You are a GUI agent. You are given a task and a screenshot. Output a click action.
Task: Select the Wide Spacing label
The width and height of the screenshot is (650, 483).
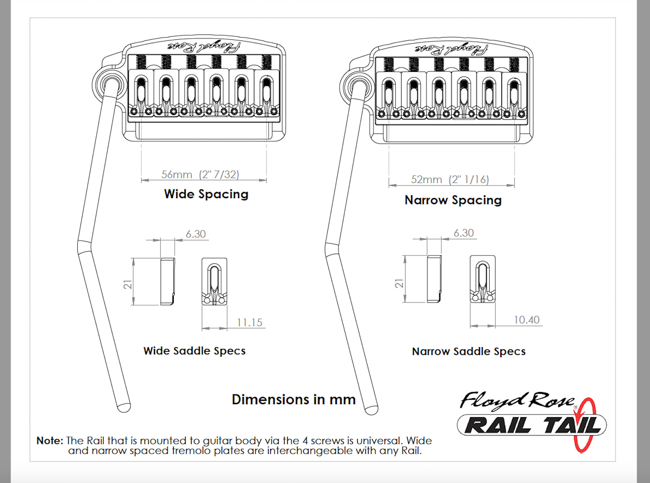tap(206, 195)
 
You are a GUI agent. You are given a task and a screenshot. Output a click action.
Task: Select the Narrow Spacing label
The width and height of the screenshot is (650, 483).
tap(453, 201)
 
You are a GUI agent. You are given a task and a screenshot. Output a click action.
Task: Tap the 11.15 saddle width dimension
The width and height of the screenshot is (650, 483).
tap(249, 323)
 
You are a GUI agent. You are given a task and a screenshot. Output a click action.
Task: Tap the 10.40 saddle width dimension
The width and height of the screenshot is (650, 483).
tap(526, 320)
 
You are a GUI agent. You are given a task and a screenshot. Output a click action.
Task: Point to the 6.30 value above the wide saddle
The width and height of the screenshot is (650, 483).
tap(196, 234)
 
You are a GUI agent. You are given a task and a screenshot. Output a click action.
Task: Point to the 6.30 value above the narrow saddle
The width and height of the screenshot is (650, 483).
tap(464, 233)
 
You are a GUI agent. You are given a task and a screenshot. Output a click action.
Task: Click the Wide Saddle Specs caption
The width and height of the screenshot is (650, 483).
tap(194, 351)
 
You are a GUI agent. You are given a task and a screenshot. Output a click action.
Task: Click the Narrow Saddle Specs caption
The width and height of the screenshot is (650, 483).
tap(468, 352)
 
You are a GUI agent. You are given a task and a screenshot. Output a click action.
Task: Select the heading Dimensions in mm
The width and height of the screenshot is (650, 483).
tap(294, 399)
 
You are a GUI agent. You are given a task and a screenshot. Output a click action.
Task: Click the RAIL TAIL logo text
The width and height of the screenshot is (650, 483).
tap(532, 425)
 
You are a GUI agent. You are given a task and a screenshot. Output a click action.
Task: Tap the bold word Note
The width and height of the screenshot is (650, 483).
tap(50, 440)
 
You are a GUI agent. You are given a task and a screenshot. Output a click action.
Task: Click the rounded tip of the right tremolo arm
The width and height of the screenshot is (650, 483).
tap(372, 410)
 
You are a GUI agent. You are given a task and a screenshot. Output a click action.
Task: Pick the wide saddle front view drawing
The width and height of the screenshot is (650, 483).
tap(214, 282)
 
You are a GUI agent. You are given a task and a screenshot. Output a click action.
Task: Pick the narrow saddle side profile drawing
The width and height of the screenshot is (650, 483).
tap(434, 279)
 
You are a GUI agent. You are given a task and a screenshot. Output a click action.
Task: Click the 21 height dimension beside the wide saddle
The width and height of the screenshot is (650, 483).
tap(128, 284)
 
